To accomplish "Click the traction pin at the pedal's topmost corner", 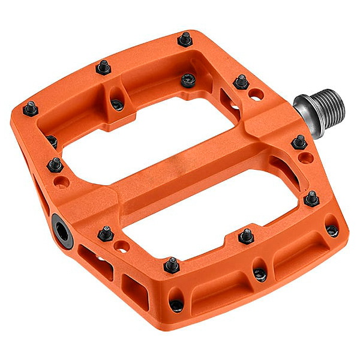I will point(185,40).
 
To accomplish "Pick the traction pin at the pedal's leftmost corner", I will point(30,109).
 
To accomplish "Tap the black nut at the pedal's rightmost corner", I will point(332,230).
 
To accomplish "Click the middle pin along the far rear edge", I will point(103,67).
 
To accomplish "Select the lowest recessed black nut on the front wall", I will point(176,305).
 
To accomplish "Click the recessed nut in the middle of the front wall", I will point(260,274).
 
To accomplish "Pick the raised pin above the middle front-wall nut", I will point(246,235).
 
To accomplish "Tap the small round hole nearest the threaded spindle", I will point(257,94).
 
